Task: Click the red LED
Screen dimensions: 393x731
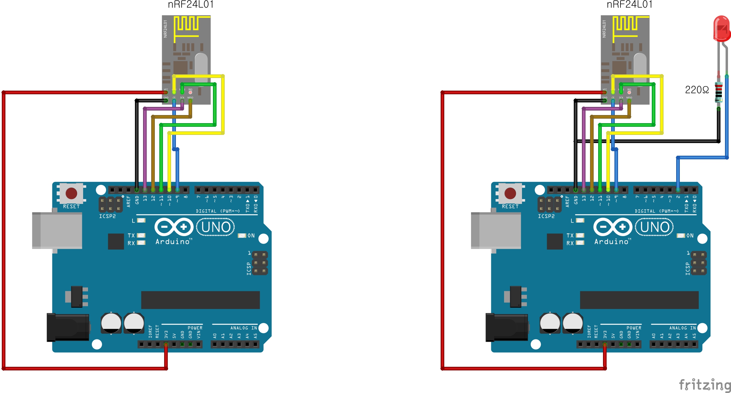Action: [722, 29]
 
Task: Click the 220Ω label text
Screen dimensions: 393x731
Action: [697, 90]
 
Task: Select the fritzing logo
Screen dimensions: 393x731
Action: [704, 385]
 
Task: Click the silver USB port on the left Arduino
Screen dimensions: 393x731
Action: [57, 230]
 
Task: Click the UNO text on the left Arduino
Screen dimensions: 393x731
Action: [216, 227]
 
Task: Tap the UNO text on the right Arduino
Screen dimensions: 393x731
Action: [654, 227]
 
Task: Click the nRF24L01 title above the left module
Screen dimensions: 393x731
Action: [191, 5]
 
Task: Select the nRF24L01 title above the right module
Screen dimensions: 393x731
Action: [629, 5]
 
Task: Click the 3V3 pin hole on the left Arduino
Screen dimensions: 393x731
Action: [166, 344]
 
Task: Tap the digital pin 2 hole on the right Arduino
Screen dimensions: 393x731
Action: [678, 190]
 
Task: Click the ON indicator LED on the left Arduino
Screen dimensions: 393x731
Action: [242, 235]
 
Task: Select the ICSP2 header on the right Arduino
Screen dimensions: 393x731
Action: [550, 204]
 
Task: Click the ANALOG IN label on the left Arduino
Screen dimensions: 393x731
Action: [244, 328]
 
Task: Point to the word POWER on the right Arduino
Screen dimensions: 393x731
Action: [634, 328]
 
